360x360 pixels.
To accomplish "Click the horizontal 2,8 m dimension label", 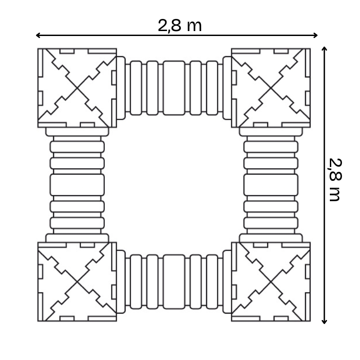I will pyautogui.click(x=180, y=26).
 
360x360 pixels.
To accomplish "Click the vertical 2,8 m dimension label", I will pyautogui.click(x=335, y=180).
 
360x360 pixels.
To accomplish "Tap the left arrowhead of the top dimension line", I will pyautogui.click(x=38, y=35).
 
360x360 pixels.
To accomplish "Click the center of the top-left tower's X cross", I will pyautogui.click(x=77, y=88).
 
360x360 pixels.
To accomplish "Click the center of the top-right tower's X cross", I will pyautogui.click(x=270, y=88).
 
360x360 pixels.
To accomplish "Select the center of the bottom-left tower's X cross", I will pyautogui.click(x=77, y=282).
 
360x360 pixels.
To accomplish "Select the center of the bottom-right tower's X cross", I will pyautogui.click(x=270, y=282).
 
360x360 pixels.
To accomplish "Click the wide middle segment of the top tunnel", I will pyautogui.click(x=174, y=88).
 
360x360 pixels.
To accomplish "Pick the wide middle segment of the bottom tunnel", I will pyautogui.click(x=174, y=282).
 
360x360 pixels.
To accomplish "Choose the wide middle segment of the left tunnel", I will pyautogui.click(x=77, y=184).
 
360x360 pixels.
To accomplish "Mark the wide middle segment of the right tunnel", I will pyautogui.click(x=270, y=184).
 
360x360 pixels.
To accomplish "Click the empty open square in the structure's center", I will pyautogui.click(x=174, y=184).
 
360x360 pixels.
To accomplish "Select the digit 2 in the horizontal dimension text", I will pyautogui.click(x=162, y=26).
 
